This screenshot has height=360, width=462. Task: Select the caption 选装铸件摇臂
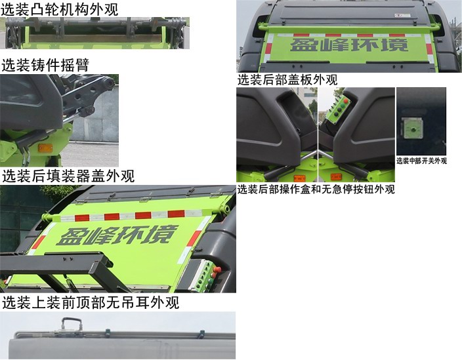[x=45, y=65]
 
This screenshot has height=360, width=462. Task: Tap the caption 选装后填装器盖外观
[x=68, y=176]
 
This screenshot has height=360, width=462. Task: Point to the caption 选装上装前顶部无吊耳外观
[x=90, y=303]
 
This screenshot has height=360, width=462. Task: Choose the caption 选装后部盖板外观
[x=287, y=80]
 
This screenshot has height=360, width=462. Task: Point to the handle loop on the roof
[x=71, y=323]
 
